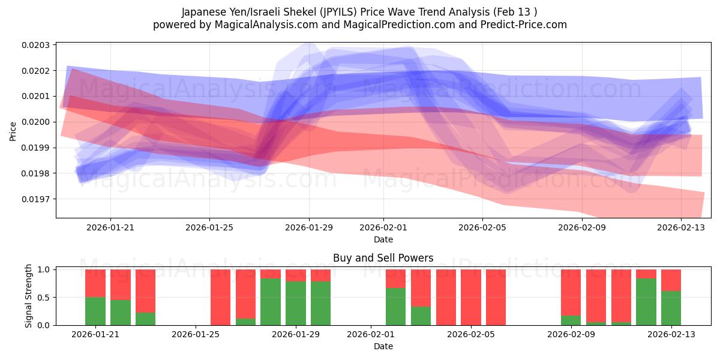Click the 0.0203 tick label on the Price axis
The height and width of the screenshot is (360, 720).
pos(37,45)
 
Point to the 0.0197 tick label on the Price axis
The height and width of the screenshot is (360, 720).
pos(37,199)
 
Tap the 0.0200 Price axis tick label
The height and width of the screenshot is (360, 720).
pos(37,122)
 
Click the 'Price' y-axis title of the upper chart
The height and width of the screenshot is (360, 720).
pos(13,130)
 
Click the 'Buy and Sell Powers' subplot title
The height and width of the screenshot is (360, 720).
pos(383,259)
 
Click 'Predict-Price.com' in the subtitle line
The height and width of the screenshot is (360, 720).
pos(526,25)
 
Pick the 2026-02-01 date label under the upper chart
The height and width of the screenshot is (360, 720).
pos(383,227)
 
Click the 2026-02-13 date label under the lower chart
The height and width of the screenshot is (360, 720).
pos(671,334)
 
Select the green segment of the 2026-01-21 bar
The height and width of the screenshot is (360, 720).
pos(95,311)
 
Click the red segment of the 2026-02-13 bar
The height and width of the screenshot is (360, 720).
pos(671,280)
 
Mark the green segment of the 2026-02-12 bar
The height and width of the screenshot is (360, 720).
pos(646,301)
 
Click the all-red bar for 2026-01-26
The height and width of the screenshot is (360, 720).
pos(220,297)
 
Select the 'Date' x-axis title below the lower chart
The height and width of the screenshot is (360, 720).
pos(383,346)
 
